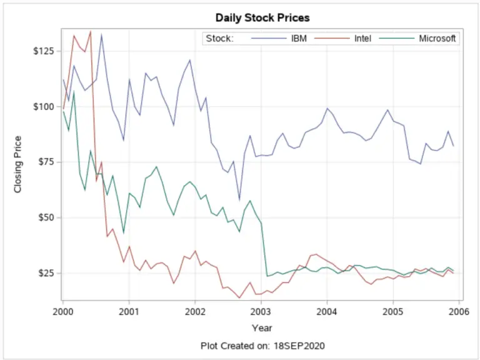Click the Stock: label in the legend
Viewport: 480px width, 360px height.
(x=219, y=39)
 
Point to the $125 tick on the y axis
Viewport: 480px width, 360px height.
(x=44, y=51)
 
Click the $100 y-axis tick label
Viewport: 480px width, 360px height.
(x=44, y=106)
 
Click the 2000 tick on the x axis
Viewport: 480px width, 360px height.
(x=62, y=311)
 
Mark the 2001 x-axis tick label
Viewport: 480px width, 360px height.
(x=129, y=311)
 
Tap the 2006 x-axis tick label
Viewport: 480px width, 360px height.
(x=459, y=311)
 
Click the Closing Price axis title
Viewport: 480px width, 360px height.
(x=18, y=163)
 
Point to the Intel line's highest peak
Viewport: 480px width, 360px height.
(x=91, y=31)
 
